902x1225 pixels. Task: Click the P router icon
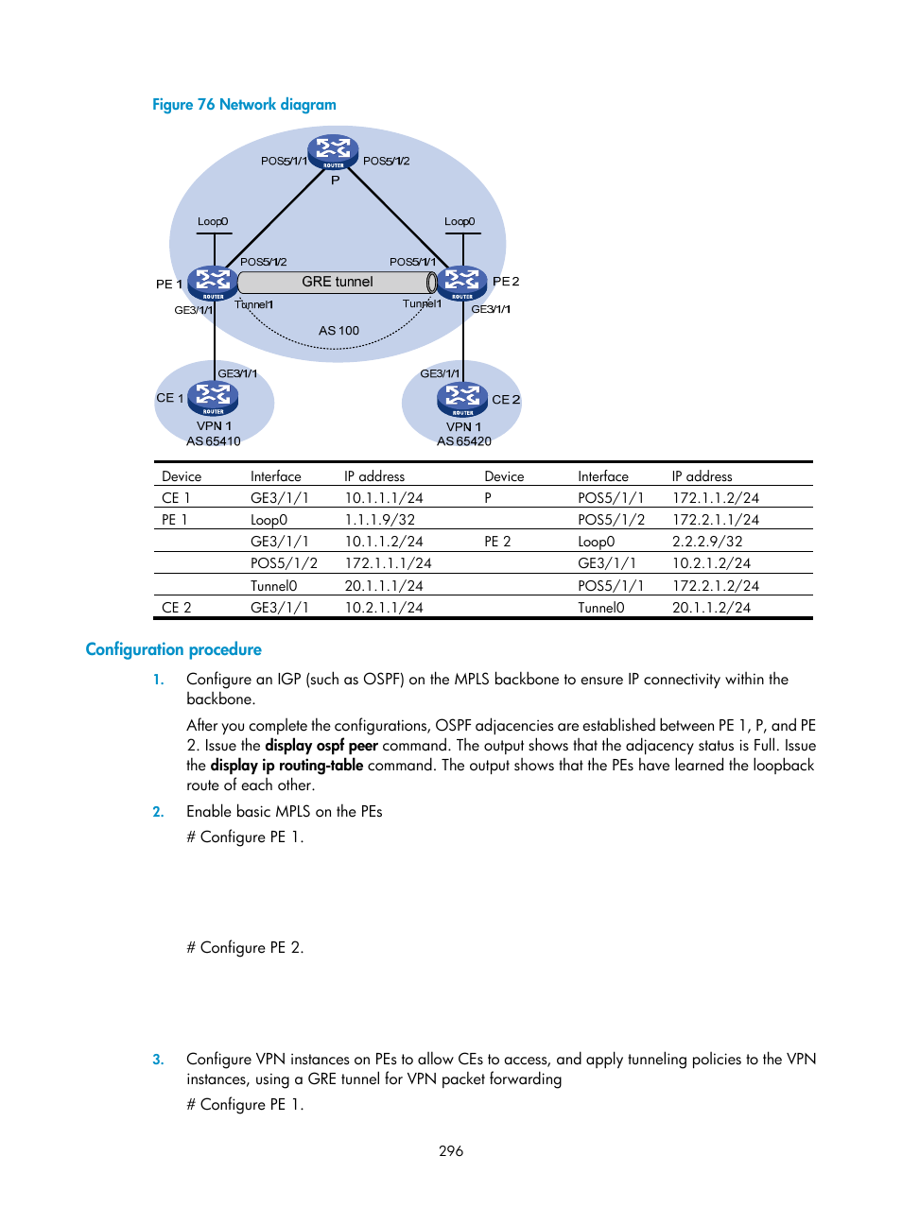click(333, 151)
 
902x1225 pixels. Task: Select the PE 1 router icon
click(213, 283)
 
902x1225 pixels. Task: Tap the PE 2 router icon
click(461, 283)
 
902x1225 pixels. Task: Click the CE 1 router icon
click(213, 398)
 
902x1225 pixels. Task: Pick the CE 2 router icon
click(462, 399)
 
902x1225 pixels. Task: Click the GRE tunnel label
click(338, 282)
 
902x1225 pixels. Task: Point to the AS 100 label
click(338, 331)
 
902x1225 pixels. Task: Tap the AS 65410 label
click(214, 441)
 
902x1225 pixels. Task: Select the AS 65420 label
click(464, 441)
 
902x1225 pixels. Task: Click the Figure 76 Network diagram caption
click(244, 105)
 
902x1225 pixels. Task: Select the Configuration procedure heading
click(173, 649)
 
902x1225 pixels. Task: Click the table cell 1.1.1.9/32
click(379, 520)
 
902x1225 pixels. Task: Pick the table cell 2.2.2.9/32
click(707, 542)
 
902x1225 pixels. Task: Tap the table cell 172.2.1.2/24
click(716, 586)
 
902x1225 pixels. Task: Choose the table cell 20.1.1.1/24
click(383, 586)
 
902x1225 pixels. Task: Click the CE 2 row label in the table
click(177, 608)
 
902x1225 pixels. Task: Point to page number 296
click(451, 1151)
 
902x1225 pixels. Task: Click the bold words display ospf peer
click(321, 746)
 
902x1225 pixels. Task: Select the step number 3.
click(158, 1060)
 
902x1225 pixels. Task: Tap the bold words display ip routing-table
click(286, 766)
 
